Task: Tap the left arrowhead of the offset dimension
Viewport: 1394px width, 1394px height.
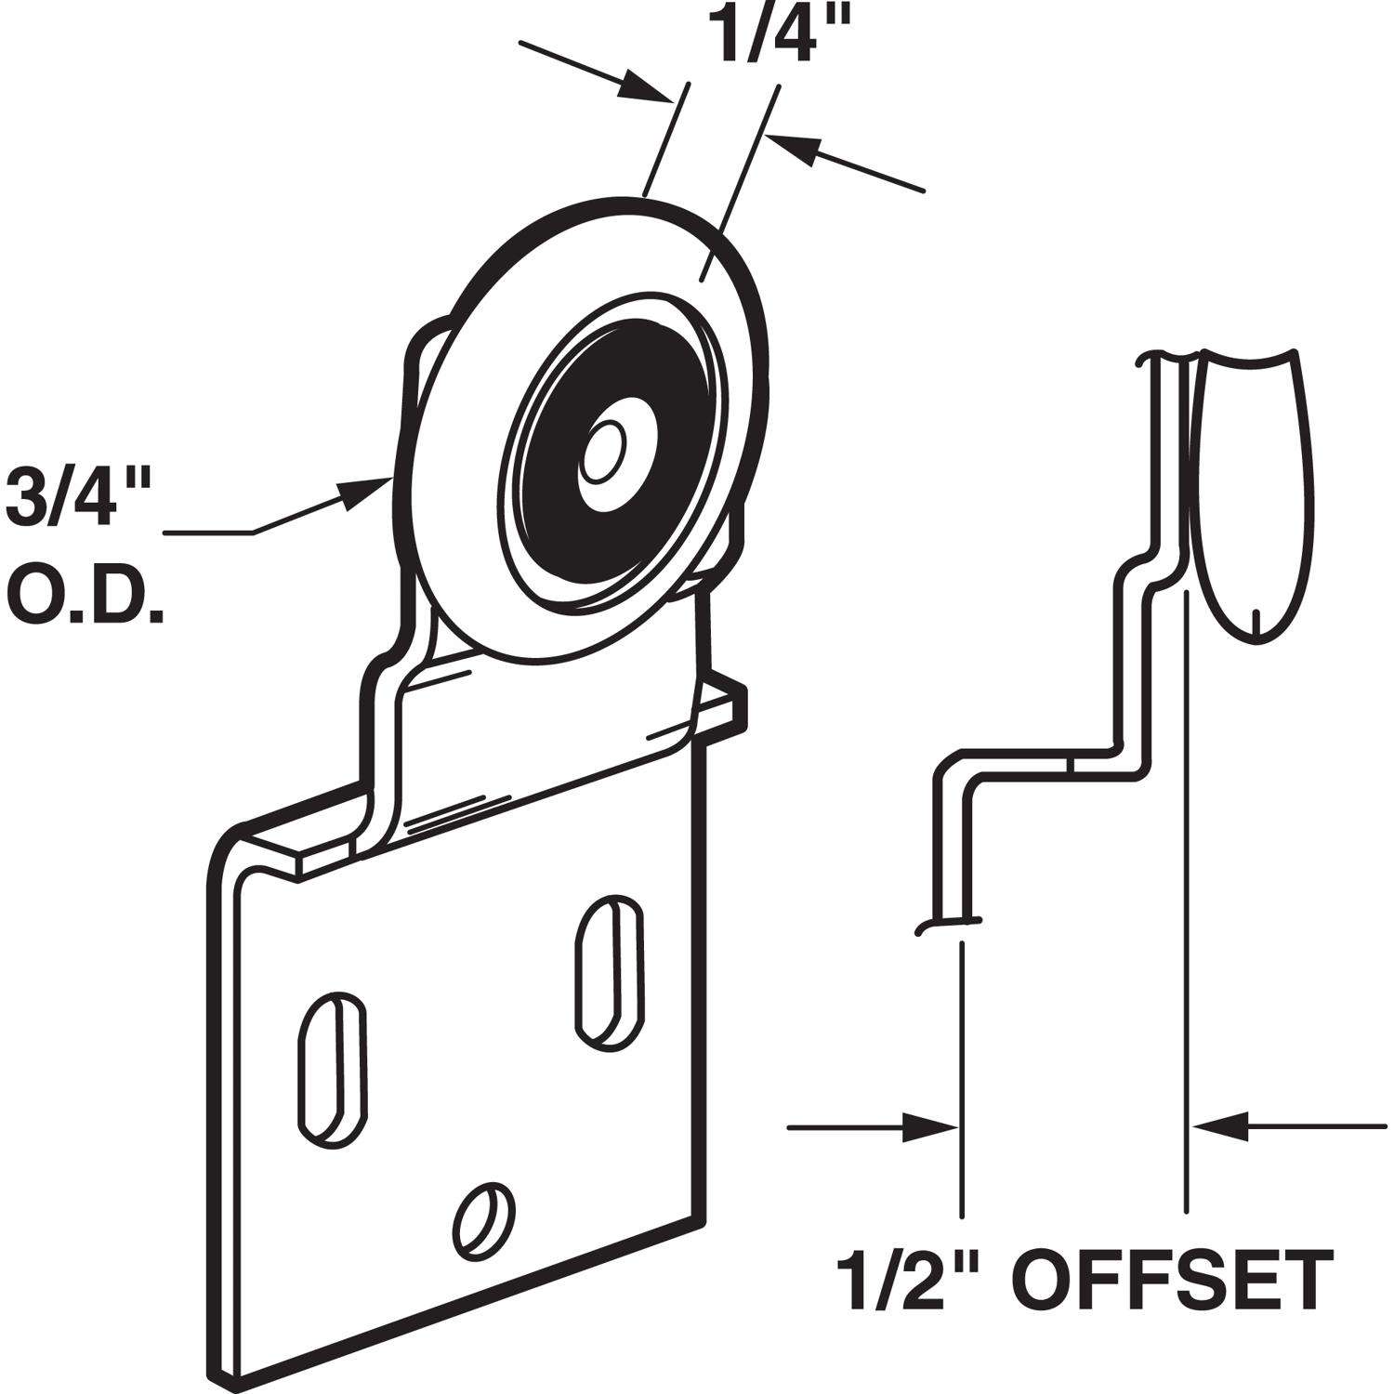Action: tap(934, 1127)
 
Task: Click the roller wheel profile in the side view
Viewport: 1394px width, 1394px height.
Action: tap(1255, 493)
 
